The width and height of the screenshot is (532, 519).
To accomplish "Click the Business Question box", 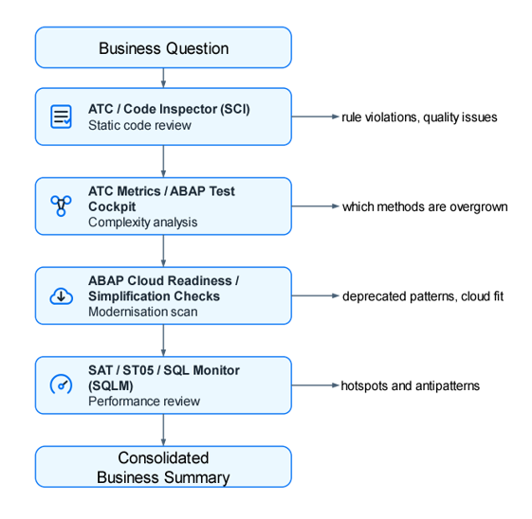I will point(163,47).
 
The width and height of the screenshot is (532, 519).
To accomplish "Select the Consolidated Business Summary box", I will point(163,467).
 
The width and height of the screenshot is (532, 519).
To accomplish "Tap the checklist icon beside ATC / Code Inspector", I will point(62,116).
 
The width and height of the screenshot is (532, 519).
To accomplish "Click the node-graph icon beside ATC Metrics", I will point(62,206).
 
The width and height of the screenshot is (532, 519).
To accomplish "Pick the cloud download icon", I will point(62,295).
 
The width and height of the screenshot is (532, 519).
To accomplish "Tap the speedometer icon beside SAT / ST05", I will point(62,385).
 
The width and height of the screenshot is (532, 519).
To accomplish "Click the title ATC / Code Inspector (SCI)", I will point(169,109).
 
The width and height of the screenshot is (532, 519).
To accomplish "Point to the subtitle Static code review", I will point(139,125).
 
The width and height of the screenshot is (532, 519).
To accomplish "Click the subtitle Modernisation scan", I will point(143,312).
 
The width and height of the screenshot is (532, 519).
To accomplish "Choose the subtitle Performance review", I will point(144,401).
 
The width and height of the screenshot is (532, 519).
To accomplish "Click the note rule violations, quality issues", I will point(419,117).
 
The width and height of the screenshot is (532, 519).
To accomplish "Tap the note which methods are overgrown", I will point(425,206).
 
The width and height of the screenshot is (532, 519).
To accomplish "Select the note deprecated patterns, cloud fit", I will point(422,296).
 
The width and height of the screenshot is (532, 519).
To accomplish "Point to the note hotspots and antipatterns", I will point(411,385).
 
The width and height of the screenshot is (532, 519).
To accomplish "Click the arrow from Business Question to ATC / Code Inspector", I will point(163,79).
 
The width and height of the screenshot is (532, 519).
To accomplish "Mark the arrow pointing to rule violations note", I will point(315,117).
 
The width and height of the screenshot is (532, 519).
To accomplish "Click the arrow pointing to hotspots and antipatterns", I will point(315,385).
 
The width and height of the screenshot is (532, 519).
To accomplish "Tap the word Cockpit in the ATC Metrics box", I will point(112,206).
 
